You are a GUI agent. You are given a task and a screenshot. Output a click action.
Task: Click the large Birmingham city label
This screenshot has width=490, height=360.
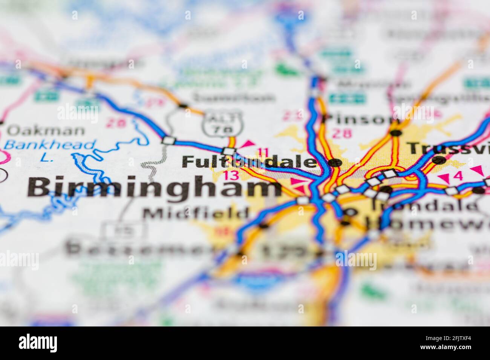155,188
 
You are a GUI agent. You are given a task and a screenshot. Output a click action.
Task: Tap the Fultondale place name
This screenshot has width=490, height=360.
249,162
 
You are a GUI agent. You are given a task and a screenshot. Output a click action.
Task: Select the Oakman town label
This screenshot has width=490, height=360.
46,131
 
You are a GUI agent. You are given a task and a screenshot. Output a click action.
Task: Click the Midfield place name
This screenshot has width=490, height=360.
196,214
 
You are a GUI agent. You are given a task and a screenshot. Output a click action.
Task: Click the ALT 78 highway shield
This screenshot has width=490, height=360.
222,124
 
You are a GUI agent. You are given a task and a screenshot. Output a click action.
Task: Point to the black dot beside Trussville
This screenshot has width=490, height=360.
438,160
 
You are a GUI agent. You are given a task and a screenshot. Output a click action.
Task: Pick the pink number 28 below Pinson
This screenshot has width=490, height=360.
342,133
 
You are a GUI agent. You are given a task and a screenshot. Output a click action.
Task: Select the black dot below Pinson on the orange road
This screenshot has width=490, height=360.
395,133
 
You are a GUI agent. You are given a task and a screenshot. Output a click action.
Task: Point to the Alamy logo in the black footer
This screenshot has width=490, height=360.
38,343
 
